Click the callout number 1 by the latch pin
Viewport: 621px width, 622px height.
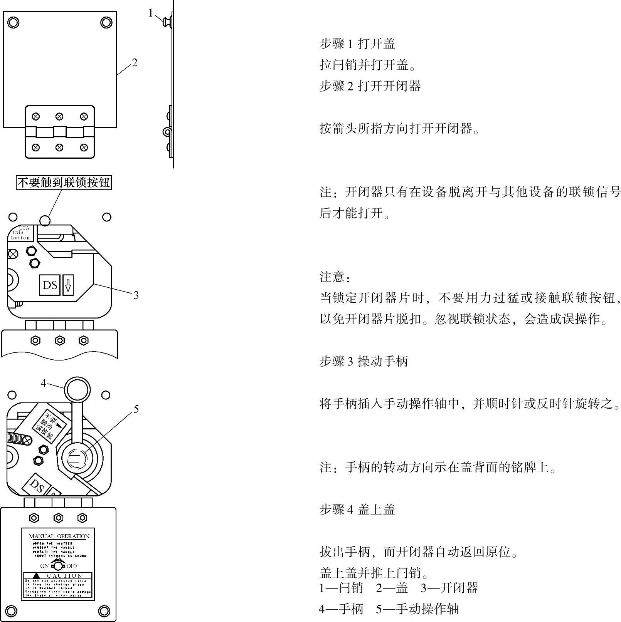[151, 13]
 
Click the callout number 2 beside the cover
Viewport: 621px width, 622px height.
[134, 62]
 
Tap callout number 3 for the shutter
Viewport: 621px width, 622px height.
[136, 295]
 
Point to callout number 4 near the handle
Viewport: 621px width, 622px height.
[43, 383]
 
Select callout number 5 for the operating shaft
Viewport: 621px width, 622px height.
[136, 409]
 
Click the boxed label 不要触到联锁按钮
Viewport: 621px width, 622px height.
[64, 182]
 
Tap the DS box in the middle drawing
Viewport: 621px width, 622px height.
[50, 285]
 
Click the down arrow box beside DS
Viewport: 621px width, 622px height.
[68, 285]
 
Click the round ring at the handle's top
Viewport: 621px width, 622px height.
[77, 390]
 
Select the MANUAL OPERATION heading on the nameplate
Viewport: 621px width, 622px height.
[59, 536]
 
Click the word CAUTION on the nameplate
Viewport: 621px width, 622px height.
[64, 576]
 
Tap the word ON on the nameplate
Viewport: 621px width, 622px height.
[44, 566]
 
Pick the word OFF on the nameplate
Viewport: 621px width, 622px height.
[72, 566]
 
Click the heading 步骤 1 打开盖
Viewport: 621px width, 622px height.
[357, 44]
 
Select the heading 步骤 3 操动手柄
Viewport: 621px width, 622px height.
[364, 361]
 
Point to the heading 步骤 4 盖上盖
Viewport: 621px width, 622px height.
[357, 510]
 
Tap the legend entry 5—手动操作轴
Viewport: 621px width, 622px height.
[417, 609]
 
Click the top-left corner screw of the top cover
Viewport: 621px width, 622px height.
[13, 22]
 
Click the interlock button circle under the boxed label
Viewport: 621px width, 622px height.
[45, 220]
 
